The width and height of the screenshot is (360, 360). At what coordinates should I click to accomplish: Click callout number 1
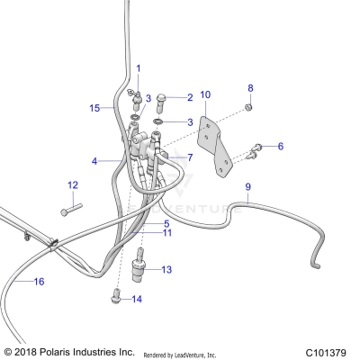139,68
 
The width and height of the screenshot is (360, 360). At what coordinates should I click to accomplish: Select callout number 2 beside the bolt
190,97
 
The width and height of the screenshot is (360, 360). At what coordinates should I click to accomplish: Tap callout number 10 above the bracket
205,94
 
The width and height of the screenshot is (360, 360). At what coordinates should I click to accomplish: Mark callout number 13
166,268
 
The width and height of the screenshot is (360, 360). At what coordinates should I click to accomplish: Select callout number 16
39,282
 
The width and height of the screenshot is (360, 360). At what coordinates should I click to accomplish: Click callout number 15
94,108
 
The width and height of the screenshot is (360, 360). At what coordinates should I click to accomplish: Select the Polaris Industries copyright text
69,351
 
